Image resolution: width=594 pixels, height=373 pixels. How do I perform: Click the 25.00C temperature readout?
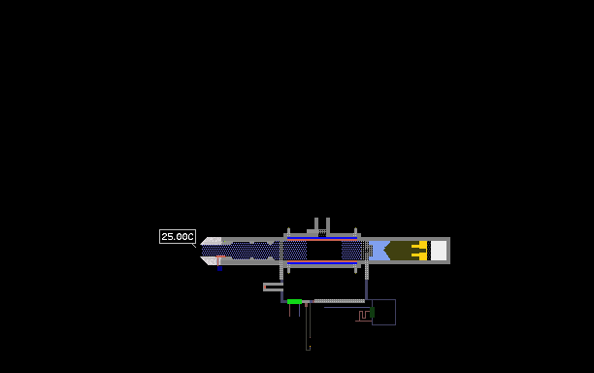point(178,237)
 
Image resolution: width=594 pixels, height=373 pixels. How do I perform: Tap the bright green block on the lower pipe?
point(294,302)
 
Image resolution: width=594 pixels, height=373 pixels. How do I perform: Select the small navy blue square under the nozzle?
point(219,269)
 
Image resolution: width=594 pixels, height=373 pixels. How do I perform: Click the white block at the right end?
point(439,251)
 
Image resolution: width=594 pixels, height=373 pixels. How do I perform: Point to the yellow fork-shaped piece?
point(419,251)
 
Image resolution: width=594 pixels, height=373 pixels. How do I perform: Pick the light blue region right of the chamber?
point(379,251)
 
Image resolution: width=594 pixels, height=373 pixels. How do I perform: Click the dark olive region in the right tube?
point(399,251)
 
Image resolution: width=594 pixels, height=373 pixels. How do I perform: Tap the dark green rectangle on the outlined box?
point(372,313)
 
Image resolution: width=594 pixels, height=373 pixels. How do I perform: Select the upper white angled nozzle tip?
point(211,241)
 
